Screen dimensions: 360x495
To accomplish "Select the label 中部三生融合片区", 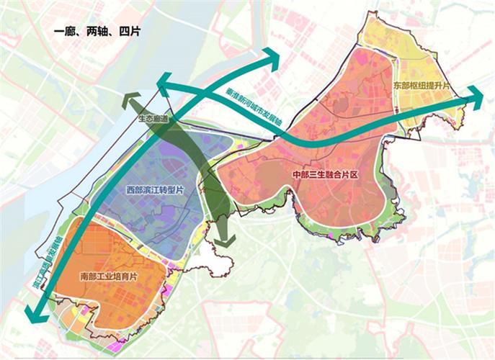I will [x=325, y=176].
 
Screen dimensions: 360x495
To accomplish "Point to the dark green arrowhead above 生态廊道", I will [x=130, y=102].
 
